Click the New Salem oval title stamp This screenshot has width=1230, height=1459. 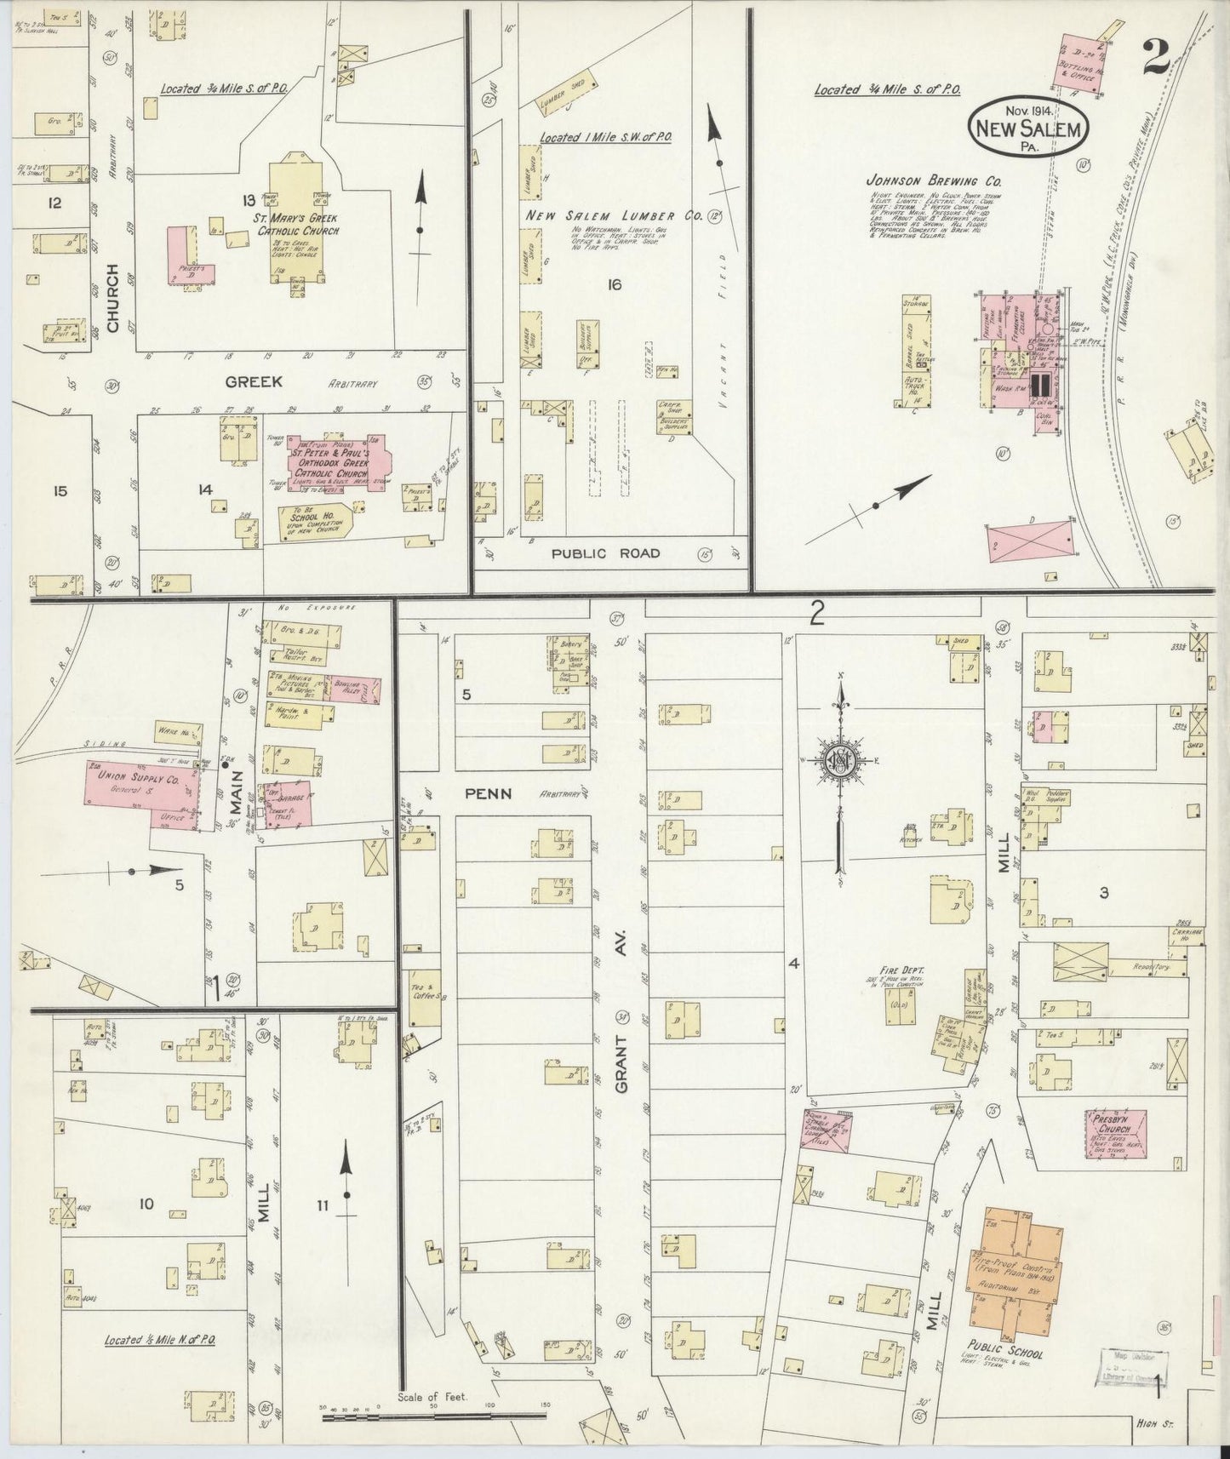point(1029,126)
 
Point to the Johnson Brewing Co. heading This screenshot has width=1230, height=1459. point(933,181)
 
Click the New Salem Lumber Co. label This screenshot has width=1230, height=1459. point(613,216)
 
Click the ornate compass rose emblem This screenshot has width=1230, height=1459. point(839,760)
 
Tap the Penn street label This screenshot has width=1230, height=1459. point(488,793)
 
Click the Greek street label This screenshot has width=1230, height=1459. point(253,382)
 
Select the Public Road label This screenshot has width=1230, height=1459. point(604,553)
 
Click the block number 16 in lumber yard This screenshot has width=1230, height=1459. point(613,284)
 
